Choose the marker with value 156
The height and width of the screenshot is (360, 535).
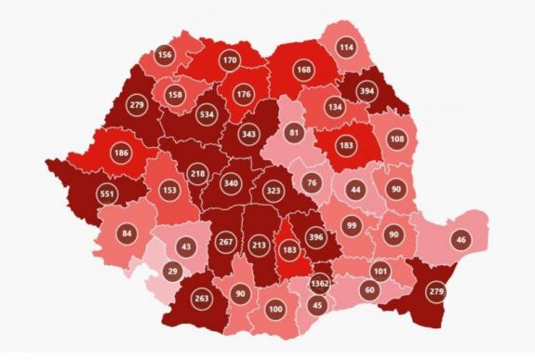(x=165, y=55)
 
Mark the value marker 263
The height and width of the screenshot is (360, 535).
(x=201, y=299)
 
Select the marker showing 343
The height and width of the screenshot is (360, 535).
(x=248, y=135)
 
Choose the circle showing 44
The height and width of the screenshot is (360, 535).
(x=354, y=190)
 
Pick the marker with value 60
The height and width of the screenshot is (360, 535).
(x=369, y=289)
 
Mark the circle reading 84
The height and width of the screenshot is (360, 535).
(x=127, y=233)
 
